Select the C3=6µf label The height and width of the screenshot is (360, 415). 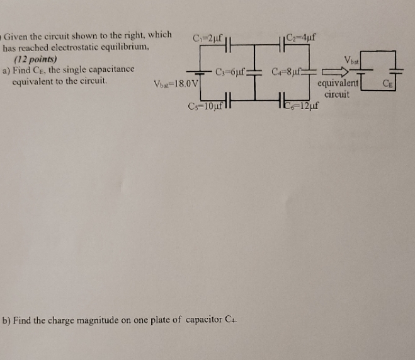coord(230,71)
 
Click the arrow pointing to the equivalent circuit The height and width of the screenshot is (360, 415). coord(333,72)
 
